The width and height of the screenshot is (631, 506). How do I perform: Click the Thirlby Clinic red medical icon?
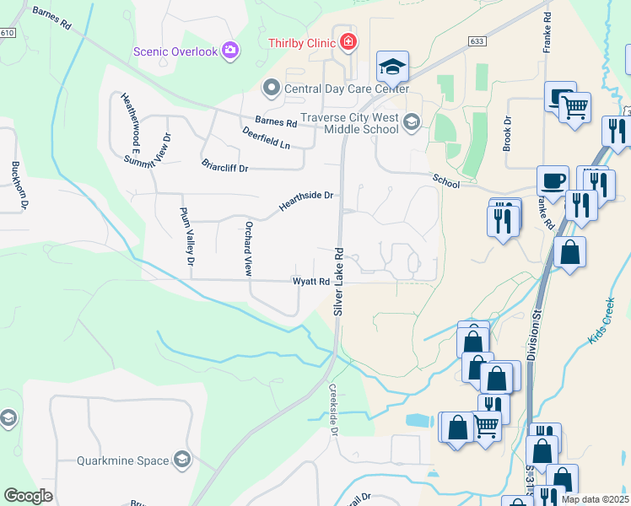[x=348, y=42]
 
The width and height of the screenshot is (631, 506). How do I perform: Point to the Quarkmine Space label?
[x=123, y=460]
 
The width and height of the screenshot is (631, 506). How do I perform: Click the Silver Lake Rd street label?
[x=339, y=282]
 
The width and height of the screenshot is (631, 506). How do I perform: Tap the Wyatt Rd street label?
[x=310, y=282]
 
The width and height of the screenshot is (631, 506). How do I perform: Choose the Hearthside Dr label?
[x=307, y=201]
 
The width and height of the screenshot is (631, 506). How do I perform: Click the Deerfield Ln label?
[x=266, y=138]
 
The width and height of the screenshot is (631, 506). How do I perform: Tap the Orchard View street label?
[x=248, y=250]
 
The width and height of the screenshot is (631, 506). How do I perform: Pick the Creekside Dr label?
[x=333, y=411]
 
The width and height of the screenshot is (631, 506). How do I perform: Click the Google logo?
[x=28, y=495]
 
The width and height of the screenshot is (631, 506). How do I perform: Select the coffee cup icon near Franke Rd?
[x=553, y=180]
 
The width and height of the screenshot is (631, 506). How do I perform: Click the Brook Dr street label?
[x=508, y=133]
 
